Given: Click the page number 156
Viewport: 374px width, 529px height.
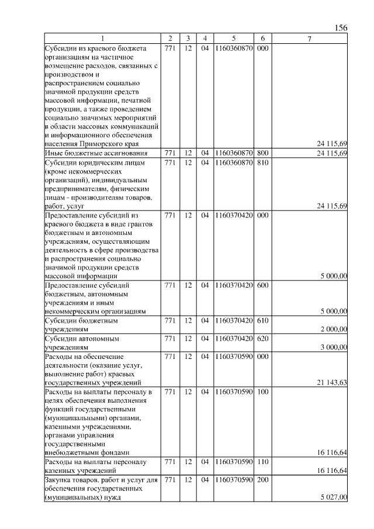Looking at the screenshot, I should [341, 27].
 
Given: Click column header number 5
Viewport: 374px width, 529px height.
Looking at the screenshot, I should [233, 39].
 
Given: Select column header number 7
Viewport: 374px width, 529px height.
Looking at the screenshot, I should [310, 39].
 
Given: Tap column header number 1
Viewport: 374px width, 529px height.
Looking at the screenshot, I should [103, 39].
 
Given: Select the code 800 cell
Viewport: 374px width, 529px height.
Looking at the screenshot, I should [262, 153].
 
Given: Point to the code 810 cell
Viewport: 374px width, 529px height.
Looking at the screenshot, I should [262, 162].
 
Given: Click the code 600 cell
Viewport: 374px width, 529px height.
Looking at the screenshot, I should [262, 285].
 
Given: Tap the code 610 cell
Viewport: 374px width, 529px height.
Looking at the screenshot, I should [262, 320].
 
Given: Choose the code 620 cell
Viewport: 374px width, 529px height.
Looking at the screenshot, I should [262, 338].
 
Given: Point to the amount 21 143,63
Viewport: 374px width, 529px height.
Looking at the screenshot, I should [331, 382].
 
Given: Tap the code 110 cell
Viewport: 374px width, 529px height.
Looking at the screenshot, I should [262, 462].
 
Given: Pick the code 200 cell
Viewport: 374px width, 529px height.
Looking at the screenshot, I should [262, 479].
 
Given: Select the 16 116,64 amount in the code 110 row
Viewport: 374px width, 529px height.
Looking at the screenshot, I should [331, 471].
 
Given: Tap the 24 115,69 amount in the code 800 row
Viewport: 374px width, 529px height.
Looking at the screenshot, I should [331, 153].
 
